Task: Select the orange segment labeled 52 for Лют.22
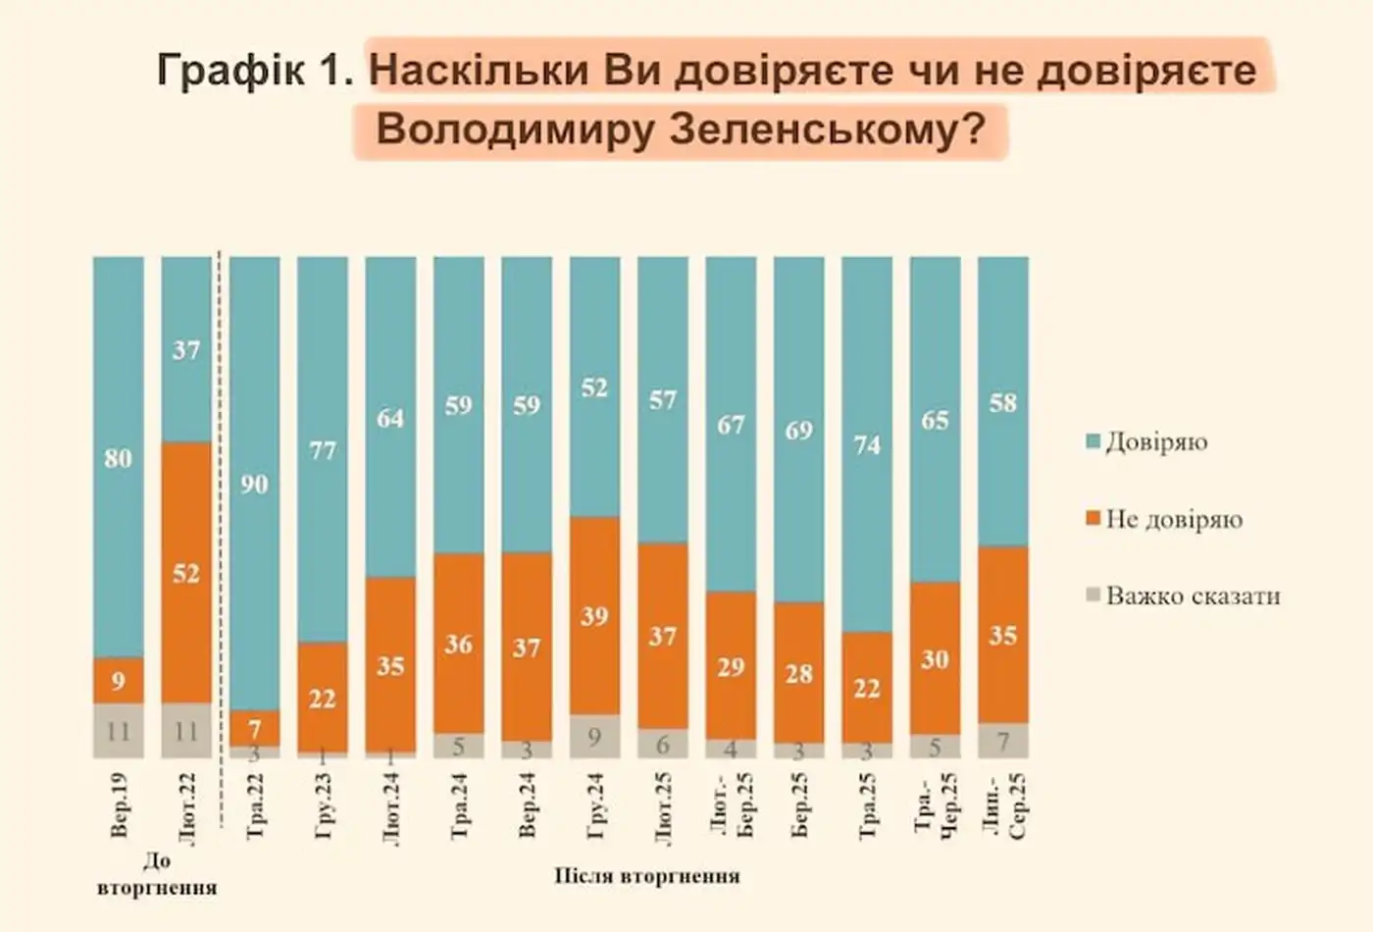point(186,572)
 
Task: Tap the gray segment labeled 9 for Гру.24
point(594,736)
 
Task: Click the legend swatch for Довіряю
point(1093,441)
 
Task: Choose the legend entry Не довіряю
point(1173,519)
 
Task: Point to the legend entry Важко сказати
point(1192,595)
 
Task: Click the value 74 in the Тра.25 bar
point(867,444)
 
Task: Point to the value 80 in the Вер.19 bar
point(118,458)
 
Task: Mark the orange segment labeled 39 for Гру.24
point(594,616)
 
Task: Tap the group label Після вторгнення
point(646,875)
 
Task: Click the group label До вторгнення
point(157,874)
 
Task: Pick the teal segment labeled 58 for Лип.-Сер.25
point(1003,402)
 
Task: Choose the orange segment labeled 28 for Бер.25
point(799,673)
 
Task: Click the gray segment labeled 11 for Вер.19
point(118,731)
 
